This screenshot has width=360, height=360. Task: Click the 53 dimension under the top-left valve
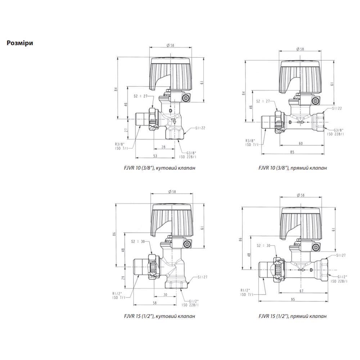tap(155, 156)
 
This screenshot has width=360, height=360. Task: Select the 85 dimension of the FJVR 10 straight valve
tap(292, 152)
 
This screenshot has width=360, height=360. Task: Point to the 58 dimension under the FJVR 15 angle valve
tap(155, 303)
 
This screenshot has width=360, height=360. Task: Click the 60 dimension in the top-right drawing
tap(301, 143)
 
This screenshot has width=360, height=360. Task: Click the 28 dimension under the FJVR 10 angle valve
tap(163, 147)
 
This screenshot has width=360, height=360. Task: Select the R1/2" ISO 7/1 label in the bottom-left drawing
tap(120, 295)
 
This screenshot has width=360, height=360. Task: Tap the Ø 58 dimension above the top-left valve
tap(170, 45)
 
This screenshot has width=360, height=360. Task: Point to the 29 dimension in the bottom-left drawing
tap(123, 278)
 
